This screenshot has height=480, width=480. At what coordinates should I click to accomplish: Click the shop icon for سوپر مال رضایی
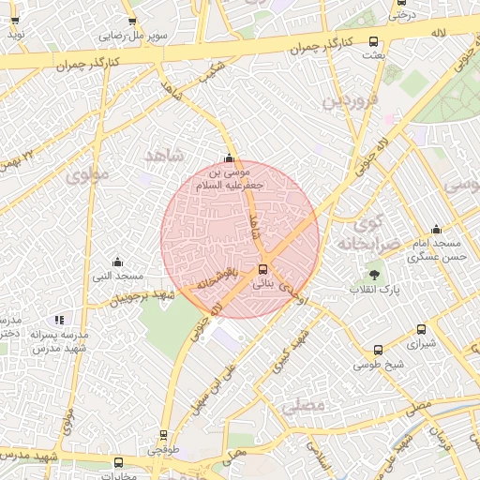coord(131,22)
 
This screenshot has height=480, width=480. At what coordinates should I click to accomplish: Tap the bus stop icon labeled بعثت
coord(374,42)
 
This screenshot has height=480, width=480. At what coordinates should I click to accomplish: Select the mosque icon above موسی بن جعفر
coord(230,157)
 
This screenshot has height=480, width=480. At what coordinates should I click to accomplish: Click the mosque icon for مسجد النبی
coord(117,262)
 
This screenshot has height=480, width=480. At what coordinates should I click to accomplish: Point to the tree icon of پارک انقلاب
coord(375,275)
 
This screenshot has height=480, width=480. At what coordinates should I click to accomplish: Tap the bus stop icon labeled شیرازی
coord(421,330)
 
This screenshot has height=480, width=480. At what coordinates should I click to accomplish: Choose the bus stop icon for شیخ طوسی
coord(378,350)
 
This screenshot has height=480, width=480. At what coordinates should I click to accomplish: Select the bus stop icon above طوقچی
coord(164,435)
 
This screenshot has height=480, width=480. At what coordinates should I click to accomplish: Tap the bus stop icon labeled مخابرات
coord(118,462)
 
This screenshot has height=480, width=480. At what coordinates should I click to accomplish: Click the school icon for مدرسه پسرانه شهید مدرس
coord(60,321)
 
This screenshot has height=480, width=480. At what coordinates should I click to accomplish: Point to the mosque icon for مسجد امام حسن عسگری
coord(436,229)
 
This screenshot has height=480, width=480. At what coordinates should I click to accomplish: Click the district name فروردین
coord(351,99)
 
